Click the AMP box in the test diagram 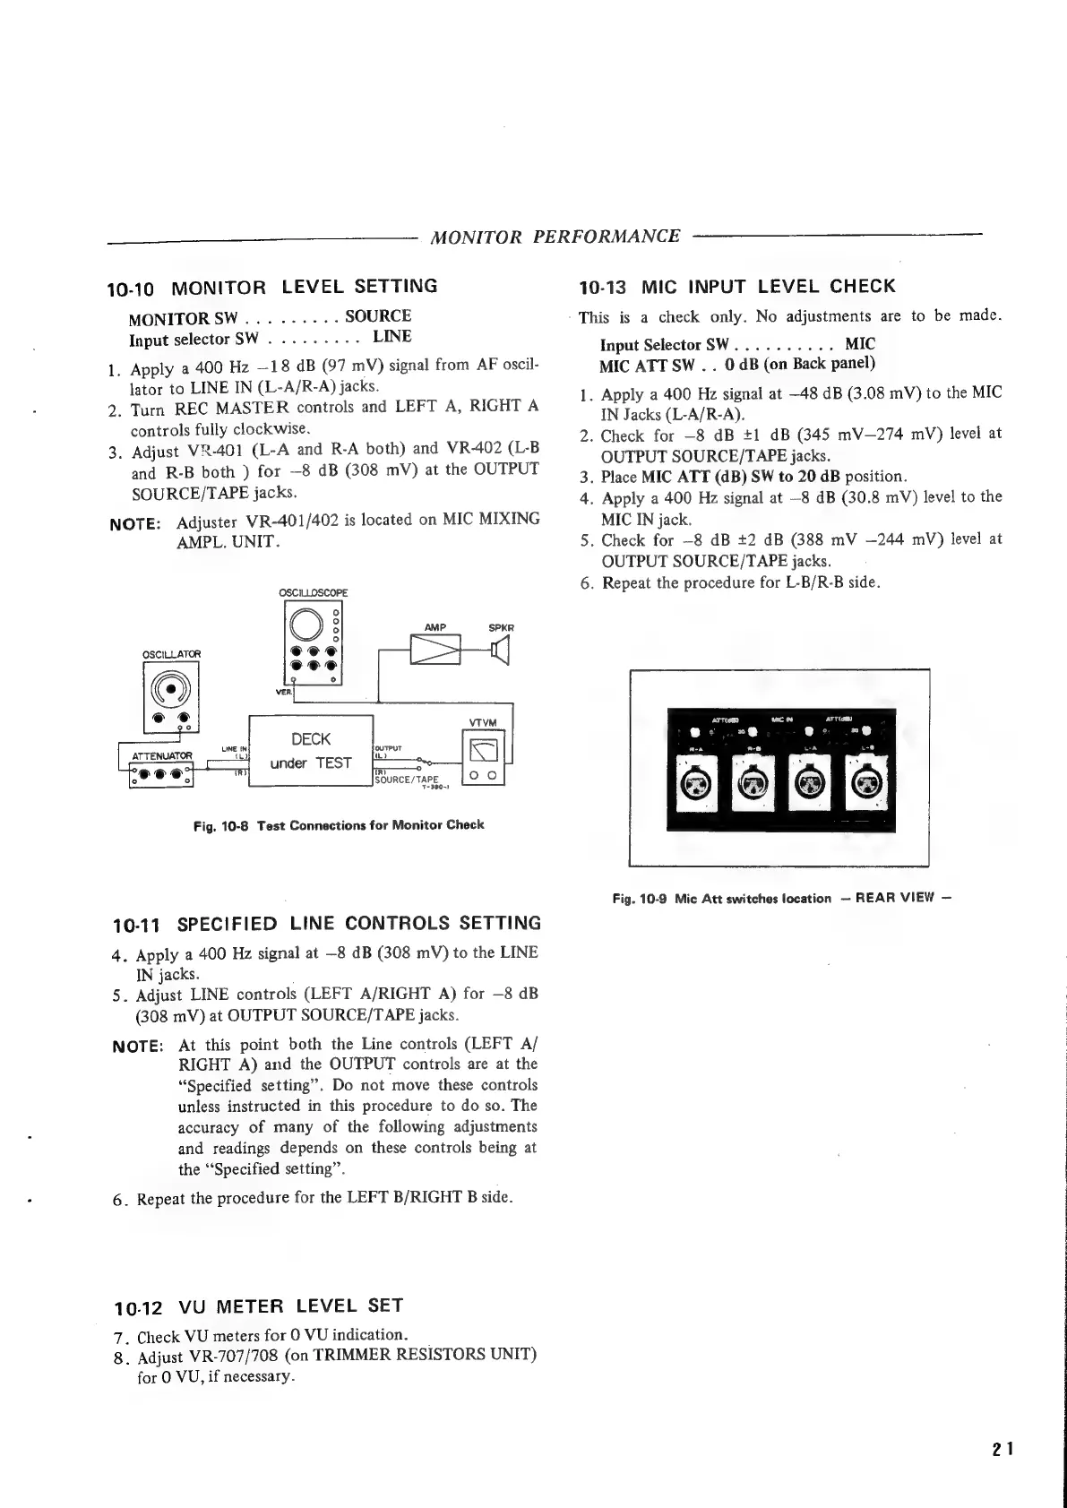pos(435,650)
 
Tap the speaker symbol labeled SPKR pos(500,649)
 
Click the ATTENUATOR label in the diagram pos(162,755)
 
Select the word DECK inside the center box pos(311,739)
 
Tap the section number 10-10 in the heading pos(131,289)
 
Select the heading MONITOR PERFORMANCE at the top pos(555,237)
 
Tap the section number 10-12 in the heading pos(138,1306)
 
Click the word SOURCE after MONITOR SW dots pos(378,316)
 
